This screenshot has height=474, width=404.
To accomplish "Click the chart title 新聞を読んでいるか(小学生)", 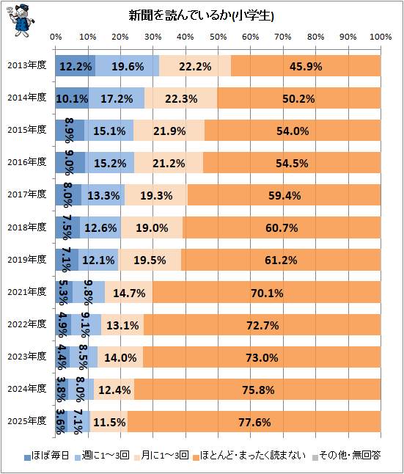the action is coord(201,15).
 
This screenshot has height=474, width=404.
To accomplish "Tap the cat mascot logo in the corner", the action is coord(21,21).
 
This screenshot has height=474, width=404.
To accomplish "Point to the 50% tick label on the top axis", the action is coord(218,37).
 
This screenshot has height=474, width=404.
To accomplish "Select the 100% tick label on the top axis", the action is coord(381,37).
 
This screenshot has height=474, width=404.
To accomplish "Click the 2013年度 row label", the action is coord(27,65).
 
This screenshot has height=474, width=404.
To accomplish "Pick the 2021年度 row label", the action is coord(27,292).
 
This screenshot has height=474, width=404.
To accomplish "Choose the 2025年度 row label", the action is coord(27,420).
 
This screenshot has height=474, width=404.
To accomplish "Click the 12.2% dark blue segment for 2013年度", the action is coord(76,65).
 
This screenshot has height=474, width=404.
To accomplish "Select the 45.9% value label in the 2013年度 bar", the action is coord(306,67).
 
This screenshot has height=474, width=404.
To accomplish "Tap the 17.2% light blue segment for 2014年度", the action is coord(117,98).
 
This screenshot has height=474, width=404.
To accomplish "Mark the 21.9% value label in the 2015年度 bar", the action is coord(169,131).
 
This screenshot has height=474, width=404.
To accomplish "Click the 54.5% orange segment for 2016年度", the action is coord(292,163).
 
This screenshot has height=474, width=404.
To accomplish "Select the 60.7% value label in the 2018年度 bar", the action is coord(282,228).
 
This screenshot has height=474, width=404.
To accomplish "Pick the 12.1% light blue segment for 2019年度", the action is coord(98,259).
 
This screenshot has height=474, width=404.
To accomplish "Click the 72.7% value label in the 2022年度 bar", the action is coord(262,326).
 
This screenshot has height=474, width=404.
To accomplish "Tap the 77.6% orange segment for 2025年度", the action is coord(254,421).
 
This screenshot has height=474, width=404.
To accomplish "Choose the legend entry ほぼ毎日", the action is coord(47,456).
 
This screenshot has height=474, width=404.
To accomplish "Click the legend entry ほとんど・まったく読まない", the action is coord(249,456).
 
